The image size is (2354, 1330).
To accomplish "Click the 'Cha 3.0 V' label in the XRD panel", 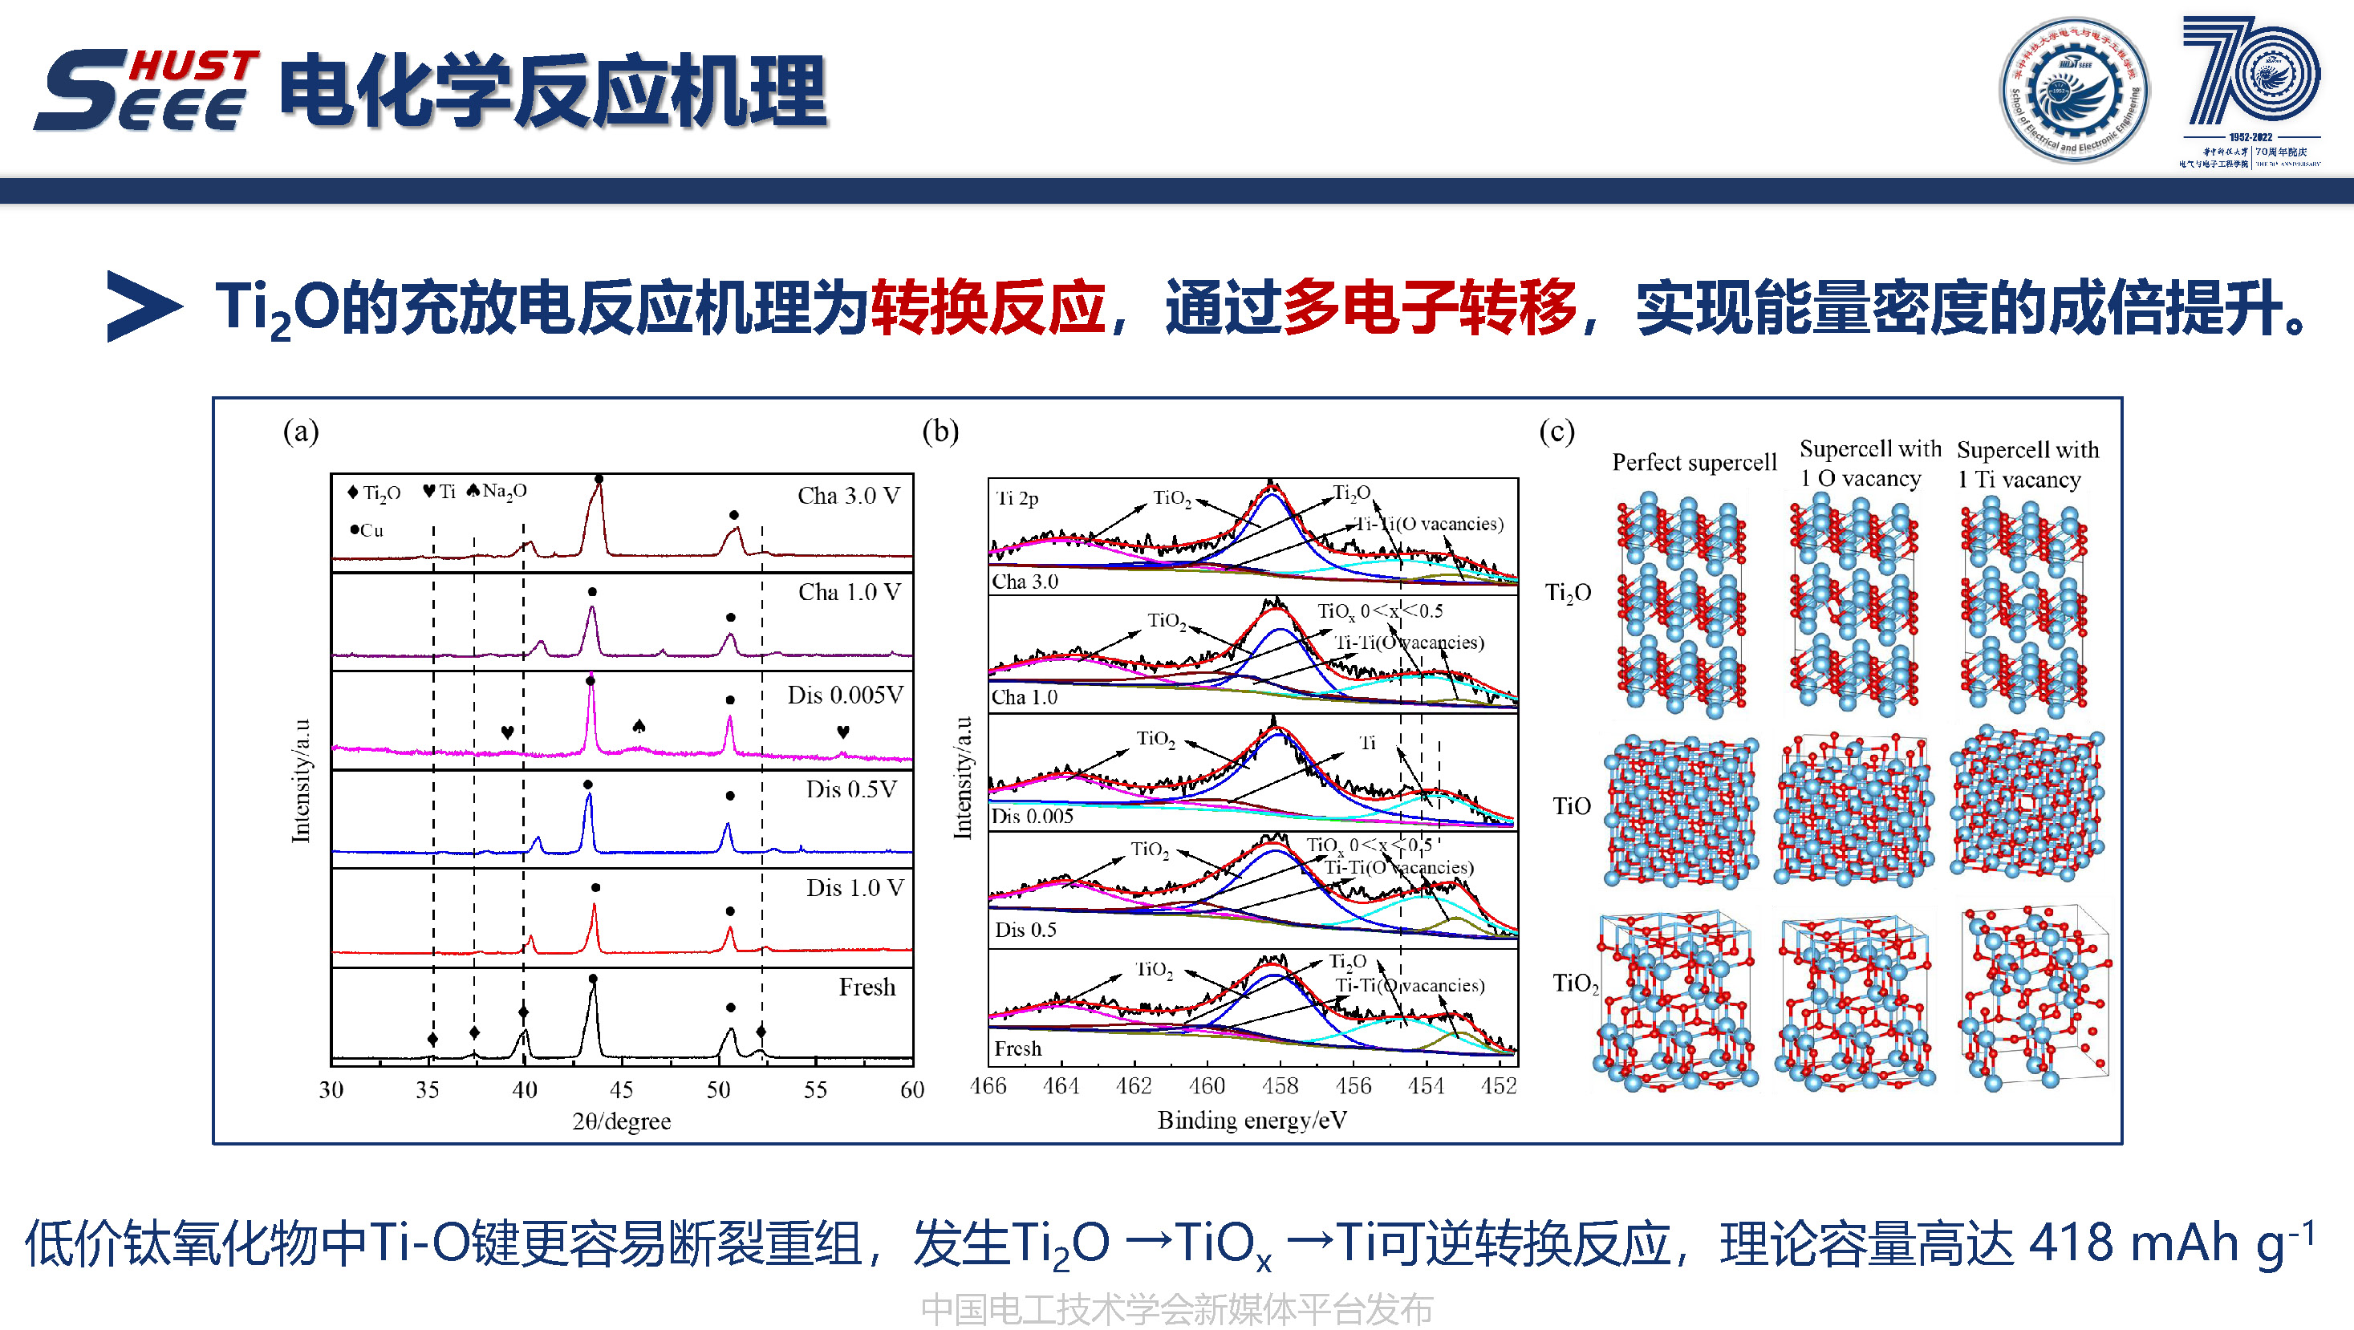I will (848, 496).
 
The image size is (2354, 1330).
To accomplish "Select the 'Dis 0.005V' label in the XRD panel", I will (844, 695).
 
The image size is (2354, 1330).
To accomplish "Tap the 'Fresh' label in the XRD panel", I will (867, 987).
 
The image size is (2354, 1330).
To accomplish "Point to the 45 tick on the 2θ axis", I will (622, 1090).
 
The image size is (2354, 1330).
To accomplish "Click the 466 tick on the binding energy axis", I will (988, 1086).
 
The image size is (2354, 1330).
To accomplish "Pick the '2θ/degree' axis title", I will (622, 1121).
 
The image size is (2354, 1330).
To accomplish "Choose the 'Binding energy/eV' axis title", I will (1252, 1121).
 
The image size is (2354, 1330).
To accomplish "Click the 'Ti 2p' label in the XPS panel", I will (1017, 499).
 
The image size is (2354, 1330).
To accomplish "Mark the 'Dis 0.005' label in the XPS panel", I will (1033, 817).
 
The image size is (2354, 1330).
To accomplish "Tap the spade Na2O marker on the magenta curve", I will (639, 726).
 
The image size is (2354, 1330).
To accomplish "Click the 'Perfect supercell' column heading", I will (1694, 462).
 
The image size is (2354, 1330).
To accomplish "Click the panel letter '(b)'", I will (940, 431).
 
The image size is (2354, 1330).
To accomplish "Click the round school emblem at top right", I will (2074, 90).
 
